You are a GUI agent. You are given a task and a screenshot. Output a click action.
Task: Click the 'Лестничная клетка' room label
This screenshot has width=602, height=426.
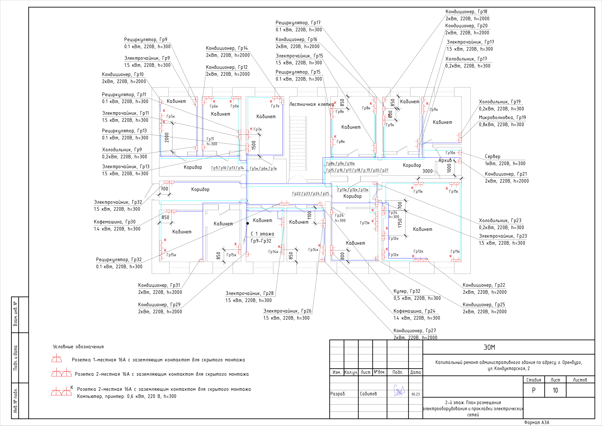311,104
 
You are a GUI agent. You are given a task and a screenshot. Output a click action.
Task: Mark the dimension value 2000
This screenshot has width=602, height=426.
167,137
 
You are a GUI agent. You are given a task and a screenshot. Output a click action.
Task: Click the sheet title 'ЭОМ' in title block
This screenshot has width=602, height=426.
489,347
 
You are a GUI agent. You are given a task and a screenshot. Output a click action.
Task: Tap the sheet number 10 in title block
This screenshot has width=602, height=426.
555,390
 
